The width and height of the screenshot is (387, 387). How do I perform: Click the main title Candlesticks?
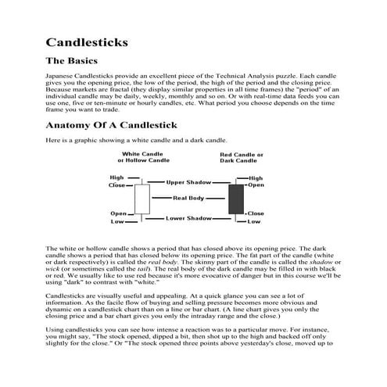coord(88,39)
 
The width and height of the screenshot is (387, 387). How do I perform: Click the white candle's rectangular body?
coord(142,199)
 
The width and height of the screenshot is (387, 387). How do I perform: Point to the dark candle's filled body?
coord(235,199)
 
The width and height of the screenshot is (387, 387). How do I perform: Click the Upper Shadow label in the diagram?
coord(189,182)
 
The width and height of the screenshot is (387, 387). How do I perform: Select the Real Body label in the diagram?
coord(189,199)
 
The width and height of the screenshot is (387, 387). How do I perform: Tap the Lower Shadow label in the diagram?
coord(188,218)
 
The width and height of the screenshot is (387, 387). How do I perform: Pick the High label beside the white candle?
coord(117,177)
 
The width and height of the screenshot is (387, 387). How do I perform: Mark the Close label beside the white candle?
coord(117,185)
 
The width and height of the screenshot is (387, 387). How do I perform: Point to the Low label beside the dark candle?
coord(254,222)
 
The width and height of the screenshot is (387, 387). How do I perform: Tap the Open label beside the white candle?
coord(119,213)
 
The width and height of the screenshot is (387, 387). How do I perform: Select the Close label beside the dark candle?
coord(256,213)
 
